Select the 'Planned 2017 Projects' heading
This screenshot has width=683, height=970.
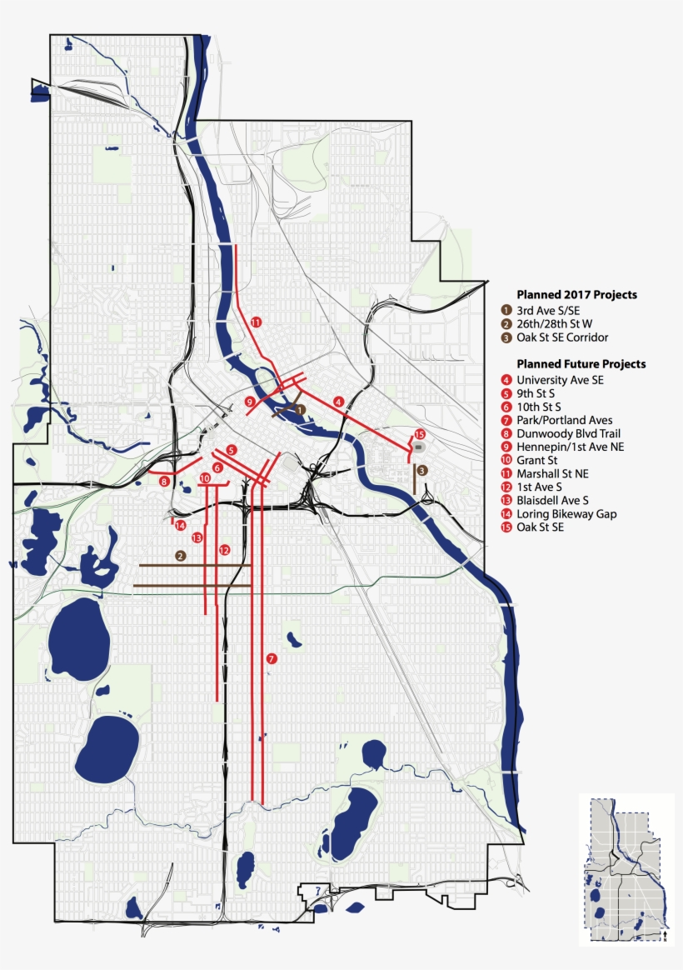[x=576, y=294]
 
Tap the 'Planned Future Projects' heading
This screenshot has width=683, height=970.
[x=581, y=364]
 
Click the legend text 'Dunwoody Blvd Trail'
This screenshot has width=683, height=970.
[x=568, y=433]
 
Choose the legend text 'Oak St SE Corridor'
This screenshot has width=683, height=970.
[x=562, y=337]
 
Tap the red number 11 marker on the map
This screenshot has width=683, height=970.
[x=256, y=322]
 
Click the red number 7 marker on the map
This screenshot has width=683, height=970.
[x=272, y=658]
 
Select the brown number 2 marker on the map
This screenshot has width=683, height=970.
[x=180, y=555]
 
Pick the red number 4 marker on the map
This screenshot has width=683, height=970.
[x=338, y=402]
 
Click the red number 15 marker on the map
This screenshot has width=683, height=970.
[x=420, y=435]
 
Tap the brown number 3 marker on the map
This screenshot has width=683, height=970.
[x=422, y=471]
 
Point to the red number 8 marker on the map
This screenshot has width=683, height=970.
[x=165, y=481]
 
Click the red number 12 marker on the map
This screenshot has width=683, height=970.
[x=223, y=550]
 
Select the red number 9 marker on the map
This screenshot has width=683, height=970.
[x=249, y=402]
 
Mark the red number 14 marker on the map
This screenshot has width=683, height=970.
[x=180, y=525]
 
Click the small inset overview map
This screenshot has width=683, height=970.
[x=626, y=869]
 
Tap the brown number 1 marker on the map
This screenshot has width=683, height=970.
[x=300, y=409]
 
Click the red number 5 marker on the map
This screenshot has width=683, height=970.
[x=232, y=450]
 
